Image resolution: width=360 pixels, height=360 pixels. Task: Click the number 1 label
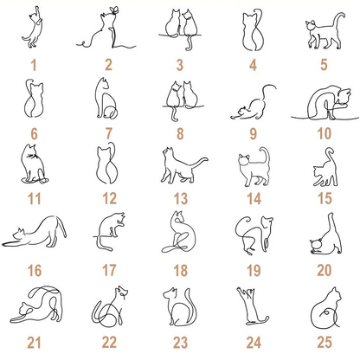pyautogui.click(x=34, y=65)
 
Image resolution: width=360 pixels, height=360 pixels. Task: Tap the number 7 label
pyautogui.click(x=109, y=133)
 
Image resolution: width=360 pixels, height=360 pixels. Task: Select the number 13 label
pyautogui.click(x=181, y=199)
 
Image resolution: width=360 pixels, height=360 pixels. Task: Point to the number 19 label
pyautogui.click(x=254, y=271)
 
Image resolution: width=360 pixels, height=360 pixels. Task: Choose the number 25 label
pyautogui.click(x=325, y=343)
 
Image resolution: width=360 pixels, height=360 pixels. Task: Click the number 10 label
pyautogui.click(x=325, y=133)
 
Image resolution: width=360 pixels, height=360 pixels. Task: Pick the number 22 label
pyautogui.click(x=109, y=343)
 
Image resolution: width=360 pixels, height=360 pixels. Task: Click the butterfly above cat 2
pyautogui.click(x=114, y=10)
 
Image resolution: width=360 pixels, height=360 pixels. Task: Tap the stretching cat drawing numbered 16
pyautogui.click(x=35, y=232)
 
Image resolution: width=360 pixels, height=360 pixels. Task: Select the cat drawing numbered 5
pyautogui.click(x=325, y=31)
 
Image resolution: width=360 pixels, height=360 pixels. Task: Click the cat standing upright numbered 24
pyautogui.click(x=253, y=305)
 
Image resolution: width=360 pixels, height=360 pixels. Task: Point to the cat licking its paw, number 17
pyautogui.click(x=110, y=232)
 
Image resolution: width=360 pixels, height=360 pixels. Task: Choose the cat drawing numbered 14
pyautogui.click(x=254, y=166)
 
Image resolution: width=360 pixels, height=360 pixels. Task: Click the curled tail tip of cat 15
pyautogui.click(x=330, y=151)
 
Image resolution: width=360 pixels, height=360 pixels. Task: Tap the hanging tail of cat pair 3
pyautogui.click(x=189, y=42)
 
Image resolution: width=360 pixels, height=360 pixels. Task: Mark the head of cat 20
pyautogui.click(x=316, y=245)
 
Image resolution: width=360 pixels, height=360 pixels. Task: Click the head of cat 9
pyautogui.click(x=242, y=111)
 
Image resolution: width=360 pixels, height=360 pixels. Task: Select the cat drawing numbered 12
pyautogui.click(x=107, y=164)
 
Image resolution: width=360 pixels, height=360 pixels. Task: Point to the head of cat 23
pyautogui.click(x=170, y=293)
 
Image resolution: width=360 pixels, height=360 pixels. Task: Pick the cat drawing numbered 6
pyautogui.click(x=35, y=99)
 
